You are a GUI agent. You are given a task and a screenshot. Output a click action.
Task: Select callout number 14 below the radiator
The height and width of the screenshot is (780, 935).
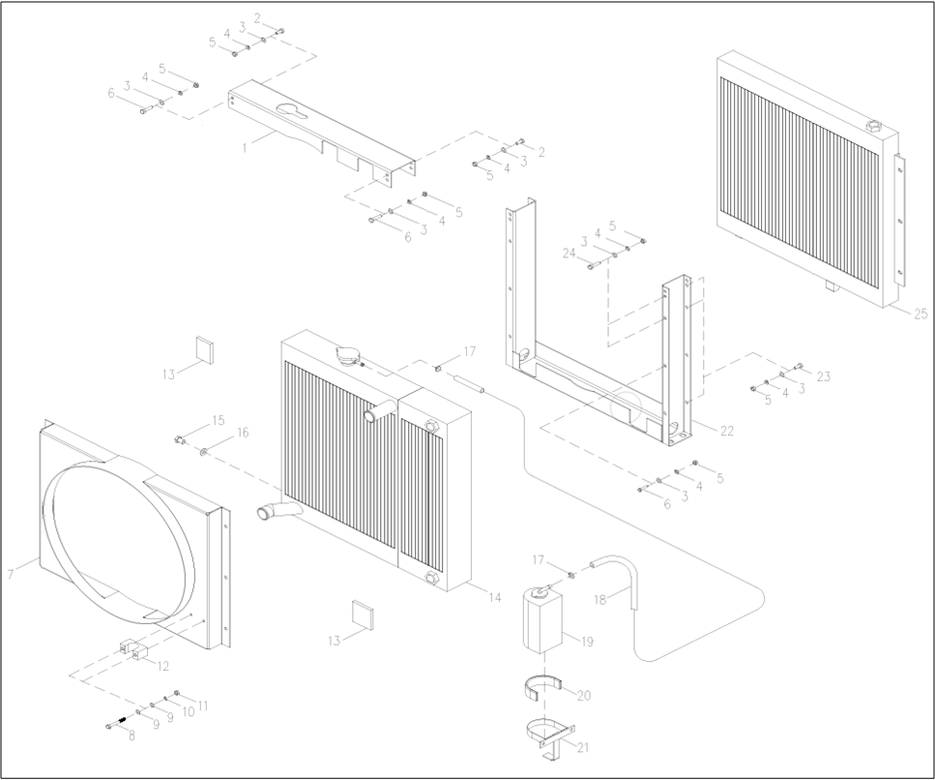494,598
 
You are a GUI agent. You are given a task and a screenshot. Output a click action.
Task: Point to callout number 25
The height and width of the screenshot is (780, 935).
920,314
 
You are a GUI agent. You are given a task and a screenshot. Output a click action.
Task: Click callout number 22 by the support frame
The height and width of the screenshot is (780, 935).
728,430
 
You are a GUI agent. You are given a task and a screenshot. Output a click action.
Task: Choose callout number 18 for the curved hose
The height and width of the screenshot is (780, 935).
599,600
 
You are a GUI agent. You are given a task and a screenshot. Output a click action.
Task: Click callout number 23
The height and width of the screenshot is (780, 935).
823,376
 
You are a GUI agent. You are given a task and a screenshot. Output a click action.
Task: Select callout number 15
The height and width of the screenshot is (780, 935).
219,420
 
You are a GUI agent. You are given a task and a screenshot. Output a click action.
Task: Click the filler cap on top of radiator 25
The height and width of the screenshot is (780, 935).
873,126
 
